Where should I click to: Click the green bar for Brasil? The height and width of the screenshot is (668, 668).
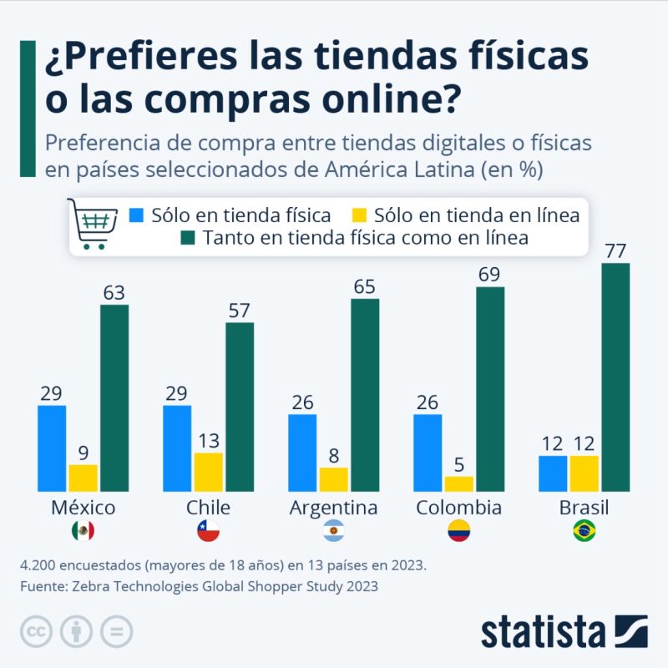pyautogui.click(x=615, y=377)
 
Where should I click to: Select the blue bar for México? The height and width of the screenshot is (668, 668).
pyautogui.click(x=52, y=448)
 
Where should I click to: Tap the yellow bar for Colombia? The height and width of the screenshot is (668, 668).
pyautogui.click(x=458, y=483)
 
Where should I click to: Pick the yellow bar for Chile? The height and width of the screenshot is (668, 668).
pyautogui.click(x=208, y=472)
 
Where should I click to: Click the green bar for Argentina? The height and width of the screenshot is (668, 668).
pyautogui.click(x=365, y=395)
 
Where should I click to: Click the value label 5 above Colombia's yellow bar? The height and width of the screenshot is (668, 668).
pyautogui.click(x=458, y=464)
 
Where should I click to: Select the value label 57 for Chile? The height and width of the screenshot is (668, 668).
pyautogui.click(x=240, y=310)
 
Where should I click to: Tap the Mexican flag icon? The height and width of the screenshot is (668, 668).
pyautogui.click(x=83, y=530)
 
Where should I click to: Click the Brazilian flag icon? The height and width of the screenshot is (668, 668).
pyautogui.click(x=584, y=530)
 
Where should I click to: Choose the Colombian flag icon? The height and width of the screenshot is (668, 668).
pyautogui.click(x=458, y=530)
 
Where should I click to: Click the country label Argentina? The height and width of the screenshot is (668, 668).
pyautogui.click(x=333, y=508)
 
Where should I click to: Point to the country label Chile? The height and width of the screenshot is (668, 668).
pyautogui.click(x=208, y=508)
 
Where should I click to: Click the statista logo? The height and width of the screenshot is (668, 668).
pyautogui.click(x=564, y=631)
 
